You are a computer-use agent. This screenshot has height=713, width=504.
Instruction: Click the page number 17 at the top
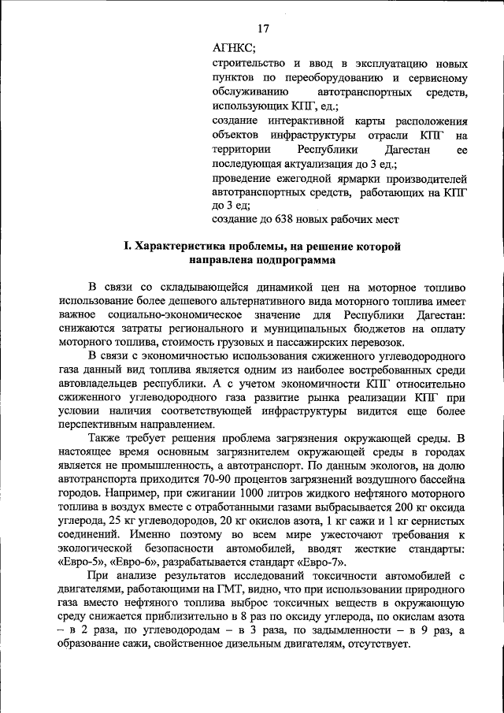pyautogui.click(x=263, y=28)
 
